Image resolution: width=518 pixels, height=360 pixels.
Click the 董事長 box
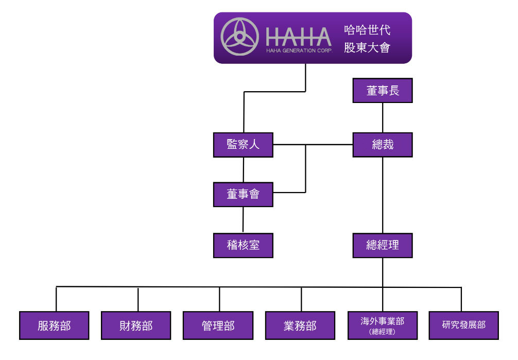[382, 91]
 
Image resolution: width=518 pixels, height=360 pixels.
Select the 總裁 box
[382, 145]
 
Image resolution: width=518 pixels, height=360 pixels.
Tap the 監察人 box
[243, 145]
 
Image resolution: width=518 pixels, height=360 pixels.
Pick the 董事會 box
[243, 194]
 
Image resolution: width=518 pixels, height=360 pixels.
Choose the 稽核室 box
[243, 245]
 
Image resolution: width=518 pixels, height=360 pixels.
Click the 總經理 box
[382, 245]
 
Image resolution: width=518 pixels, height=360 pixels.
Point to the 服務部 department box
[54, 325]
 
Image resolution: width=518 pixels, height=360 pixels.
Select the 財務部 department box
[136, 325]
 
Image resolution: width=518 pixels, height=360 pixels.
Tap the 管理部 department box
[218, 325]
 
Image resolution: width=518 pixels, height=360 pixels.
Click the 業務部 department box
[300, 325]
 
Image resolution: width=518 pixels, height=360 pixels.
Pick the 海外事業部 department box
[382, 321]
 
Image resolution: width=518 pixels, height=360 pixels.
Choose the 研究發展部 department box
[463, 325]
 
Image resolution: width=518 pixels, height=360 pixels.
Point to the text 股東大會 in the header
[367, 48]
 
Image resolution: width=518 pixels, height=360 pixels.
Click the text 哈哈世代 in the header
[367, 29]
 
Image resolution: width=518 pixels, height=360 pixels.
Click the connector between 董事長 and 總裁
[382, 117]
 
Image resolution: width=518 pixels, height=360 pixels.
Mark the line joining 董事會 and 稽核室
[243, 219]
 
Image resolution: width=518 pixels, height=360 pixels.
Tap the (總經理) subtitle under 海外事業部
[382, 332]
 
